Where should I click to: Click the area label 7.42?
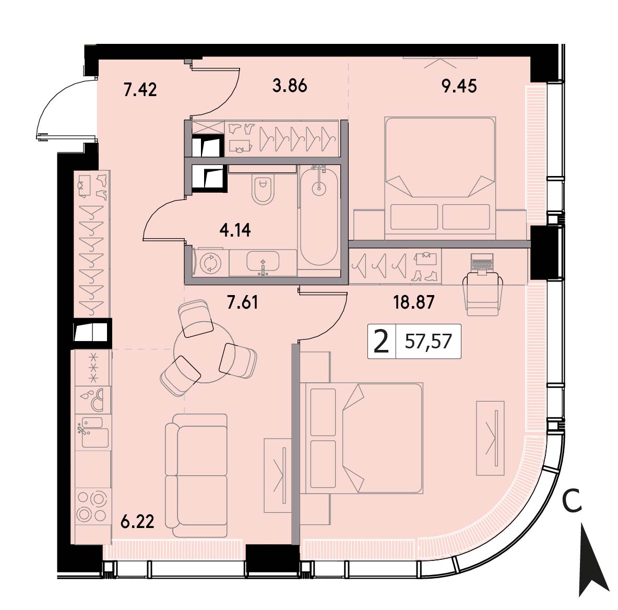(x=140, y=89)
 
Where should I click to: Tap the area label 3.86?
(x=290, y=86)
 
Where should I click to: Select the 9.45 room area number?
(x=459, y=86)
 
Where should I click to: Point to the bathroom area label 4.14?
(x=235, y=230)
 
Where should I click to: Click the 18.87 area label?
(x=414, y=302)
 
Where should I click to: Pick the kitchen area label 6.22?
(x=137, y=522)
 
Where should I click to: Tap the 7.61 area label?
(x=242, y=302)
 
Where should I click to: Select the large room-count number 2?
(x=381, y=342)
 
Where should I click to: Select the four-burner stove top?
(x=92, y=506)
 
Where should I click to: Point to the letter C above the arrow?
(x=573, y=501)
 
